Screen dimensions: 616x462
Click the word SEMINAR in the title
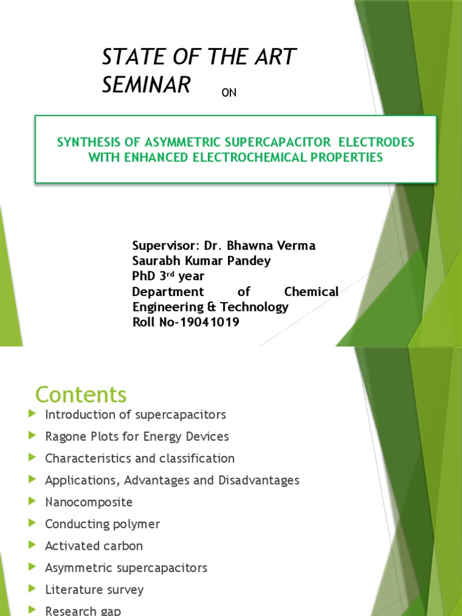(x=146, y=85)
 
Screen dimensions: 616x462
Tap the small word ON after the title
(x=229, y=93)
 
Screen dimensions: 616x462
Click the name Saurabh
(x=155, y=260)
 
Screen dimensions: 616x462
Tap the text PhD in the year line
(x=143, y=276)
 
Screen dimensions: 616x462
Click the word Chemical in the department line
(x=311, y=292)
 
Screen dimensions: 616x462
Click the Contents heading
(x=81, y=395)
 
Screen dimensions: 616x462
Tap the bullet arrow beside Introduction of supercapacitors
(x=32, y=414)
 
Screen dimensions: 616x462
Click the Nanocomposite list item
(x=88, y=502)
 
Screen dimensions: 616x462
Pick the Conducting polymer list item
(x=102, y=524)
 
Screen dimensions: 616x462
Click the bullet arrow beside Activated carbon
(x=32, y=545)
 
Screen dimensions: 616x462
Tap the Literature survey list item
(x=94, y=590)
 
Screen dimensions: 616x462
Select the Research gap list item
(x=82, y=611)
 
